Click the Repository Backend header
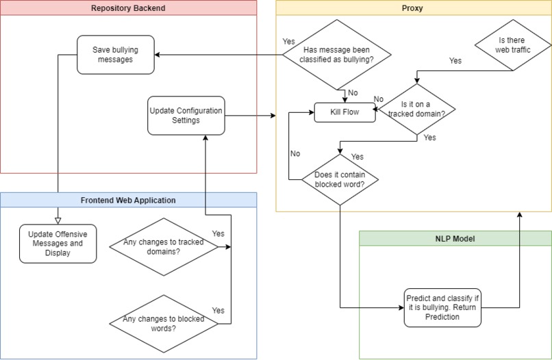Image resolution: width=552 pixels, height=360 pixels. pos(129,8)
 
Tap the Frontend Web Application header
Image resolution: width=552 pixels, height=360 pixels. pos(129,200)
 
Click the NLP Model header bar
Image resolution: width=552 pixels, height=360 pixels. pos(455,239)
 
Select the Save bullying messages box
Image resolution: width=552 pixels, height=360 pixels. pos(115,55)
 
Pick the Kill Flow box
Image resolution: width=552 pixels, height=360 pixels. pos(344,112)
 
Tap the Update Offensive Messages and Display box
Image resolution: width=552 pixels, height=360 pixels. pos(58,243)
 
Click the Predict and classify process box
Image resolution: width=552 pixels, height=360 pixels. pos(442,308)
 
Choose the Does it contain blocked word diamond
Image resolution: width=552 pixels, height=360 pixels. pos(340,179)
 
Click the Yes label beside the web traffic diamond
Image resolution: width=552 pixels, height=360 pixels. pos(455,61)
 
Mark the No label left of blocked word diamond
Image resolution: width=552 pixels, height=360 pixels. pos(294,153)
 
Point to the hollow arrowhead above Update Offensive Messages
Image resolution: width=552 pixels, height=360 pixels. pos(58,219)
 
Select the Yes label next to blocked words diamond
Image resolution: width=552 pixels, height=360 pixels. pos(218,310)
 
